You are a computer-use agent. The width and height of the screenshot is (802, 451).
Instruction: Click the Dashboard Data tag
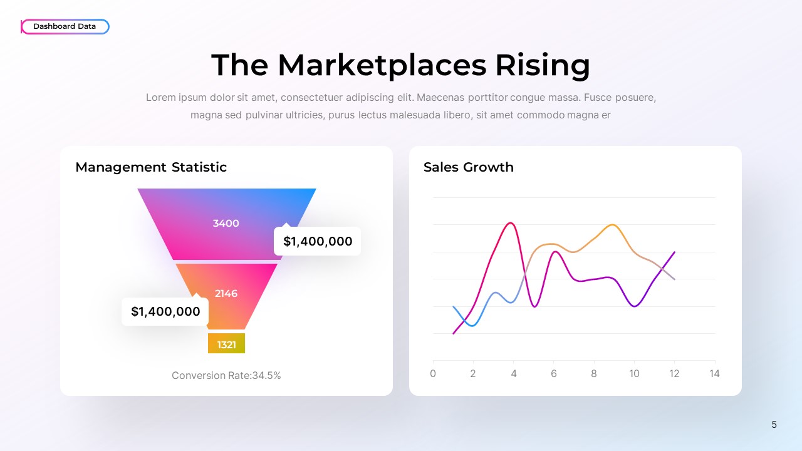pos(65,26)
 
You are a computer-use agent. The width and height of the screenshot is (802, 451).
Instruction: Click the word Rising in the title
pos(543,65)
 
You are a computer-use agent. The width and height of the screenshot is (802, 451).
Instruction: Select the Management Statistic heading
pos(151,167)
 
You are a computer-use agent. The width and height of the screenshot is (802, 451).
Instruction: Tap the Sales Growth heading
pos(469,167)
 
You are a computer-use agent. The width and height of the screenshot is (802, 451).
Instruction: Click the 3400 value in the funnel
pos(226,224)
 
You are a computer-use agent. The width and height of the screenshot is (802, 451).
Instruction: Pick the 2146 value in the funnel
pos(226,293)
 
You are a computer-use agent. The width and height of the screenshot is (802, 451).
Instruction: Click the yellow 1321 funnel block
pos(226,344)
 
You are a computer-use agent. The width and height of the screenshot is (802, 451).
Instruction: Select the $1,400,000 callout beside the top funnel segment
pos(318,241)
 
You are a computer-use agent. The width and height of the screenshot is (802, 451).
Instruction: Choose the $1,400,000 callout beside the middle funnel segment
pos(165,311)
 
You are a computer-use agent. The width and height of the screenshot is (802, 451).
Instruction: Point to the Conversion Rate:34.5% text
pos(226,375)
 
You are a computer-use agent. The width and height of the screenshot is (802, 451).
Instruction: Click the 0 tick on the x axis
pos(433,374)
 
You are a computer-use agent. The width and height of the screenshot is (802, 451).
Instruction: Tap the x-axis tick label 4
pos(514,374)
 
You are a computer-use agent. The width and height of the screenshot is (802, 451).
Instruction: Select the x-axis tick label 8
pos(594,374)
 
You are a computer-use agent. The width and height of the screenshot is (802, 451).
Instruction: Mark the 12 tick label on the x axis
pos(674,374)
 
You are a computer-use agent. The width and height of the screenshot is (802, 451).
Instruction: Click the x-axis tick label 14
pos(714,374)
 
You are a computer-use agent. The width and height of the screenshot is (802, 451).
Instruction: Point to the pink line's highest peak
pos(511,223)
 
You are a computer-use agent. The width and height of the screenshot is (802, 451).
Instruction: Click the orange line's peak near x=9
pos(612,225)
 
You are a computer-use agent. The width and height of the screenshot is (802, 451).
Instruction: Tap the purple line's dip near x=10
pos(635,306)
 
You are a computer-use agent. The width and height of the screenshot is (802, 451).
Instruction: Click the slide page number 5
pos(774,425)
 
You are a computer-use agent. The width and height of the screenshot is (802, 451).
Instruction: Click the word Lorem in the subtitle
pos(159,98)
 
